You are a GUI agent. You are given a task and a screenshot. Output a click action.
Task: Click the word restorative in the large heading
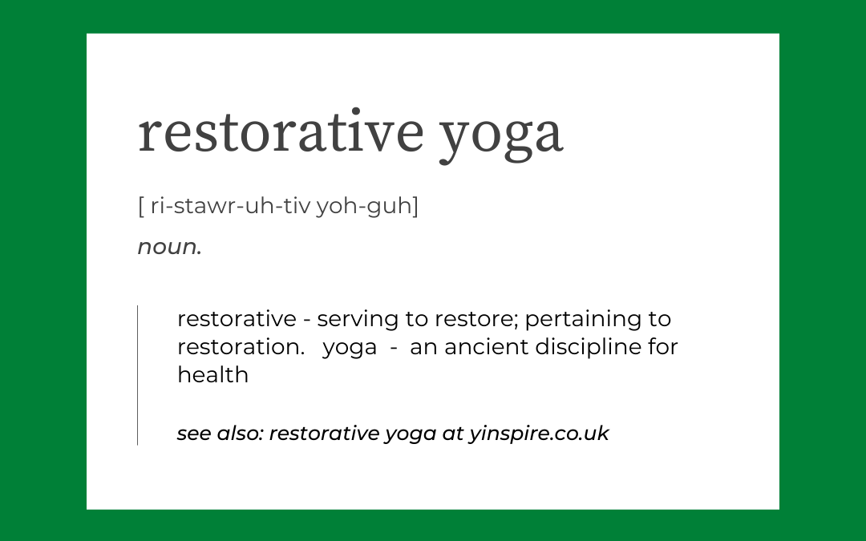pyautogui.click(x=281, y=131)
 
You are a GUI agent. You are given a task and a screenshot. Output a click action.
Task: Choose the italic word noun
pyautogui.click(x=169, y=247)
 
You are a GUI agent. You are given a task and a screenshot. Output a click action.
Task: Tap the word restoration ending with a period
pyautogui.click(x=241, y=347)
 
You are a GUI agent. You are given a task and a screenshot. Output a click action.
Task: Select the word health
pyautogui.click(x=212, y=375)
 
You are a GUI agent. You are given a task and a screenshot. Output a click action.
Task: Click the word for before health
pyautogui.click(x=663, y=347)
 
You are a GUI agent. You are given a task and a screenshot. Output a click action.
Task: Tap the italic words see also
pyautogui.click(x=221, y=434)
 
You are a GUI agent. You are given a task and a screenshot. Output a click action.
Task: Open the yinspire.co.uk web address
pyautogui.click(x=539, y=434)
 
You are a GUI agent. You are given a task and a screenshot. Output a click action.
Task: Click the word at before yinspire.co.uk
pyautogui.click(x=453, y=434)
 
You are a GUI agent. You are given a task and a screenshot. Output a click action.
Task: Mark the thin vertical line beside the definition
pyautogui.click(x=138, y=375)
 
